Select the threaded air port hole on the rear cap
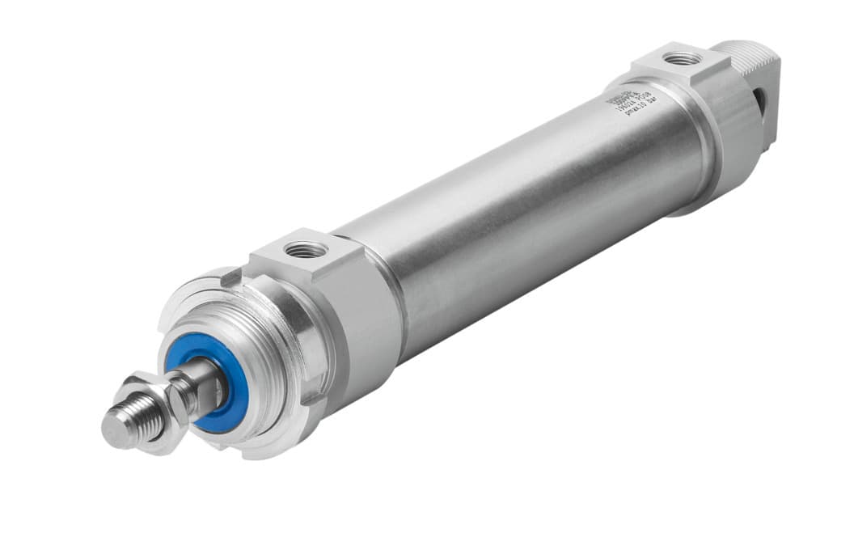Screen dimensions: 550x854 click(x=682, y=59)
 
